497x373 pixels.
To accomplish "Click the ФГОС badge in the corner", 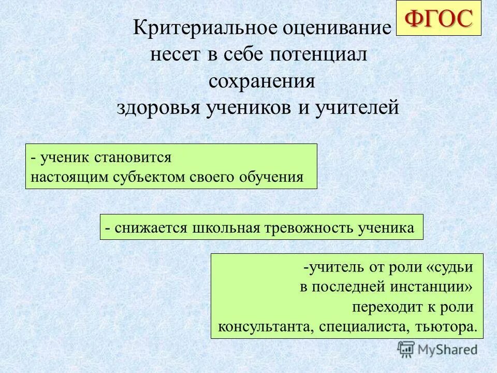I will pos(438,19).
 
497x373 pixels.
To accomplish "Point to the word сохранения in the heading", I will pos(262,82).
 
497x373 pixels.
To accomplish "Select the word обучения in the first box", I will pos(272,177).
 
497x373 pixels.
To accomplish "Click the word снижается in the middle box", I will pos(151,227).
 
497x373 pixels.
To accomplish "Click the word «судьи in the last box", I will pos(450,268).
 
